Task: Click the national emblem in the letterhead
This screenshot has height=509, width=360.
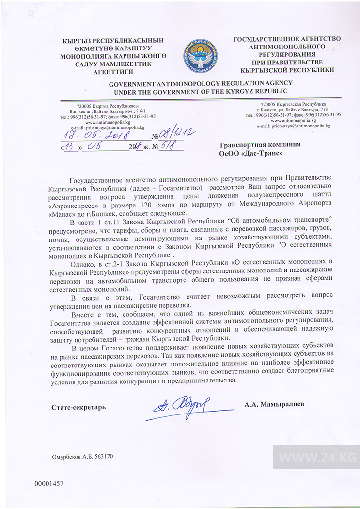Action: point(200,57)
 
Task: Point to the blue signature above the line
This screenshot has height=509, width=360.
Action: point(182,405)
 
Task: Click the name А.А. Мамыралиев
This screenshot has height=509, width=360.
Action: point(274,405)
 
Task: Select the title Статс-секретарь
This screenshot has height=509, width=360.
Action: point(78,407)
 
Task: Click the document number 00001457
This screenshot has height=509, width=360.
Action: point(49,484)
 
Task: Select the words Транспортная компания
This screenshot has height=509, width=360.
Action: point(260,144)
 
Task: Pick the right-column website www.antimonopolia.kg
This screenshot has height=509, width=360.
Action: point(293,120)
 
